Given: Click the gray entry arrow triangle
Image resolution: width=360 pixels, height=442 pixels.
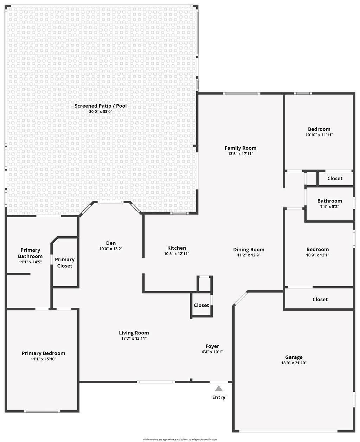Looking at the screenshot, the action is pos(218,389).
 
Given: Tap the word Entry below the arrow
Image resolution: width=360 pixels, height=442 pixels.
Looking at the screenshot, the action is pos(219,397).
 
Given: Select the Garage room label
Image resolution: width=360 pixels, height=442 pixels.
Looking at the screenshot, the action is pos(294,357).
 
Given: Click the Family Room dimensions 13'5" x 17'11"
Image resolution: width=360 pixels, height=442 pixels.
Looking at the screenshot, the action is pos(240,154).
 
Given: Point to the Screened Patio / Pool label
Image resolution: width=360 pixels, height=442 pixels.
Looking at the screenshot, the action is pos(101,106).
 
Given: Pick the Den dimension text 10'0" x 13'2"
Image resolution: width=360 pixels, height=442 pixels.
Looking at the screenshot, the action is pos(111,249).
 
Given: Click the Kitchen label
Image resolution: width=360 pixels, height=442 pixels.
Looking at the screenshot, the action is pos(176,248).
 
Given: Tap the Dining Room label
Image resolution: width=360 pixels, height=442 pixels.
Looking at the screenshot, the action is pos(249,250).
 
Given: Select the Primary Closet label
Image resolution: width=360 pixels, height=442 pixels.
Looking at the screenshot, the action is pos(65,263).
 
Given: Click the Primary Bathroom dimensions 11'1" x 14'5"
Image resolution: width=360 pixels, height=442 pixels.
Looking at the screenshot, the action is pos(30,262).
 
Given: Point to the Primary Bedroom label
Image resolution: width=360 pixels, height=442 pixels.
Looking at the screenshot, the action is pos(43,353).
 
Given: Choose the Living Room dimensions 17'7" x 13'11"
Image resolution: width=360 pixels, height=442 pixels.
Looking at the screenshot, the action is pos(134,339).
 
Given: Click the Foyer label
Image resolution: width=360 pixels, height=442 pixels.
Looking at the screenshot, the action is pos(212,346).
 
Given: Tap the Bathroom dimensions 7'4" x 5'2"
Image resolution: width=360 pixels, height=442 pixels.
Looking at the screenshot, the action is pos(330,207).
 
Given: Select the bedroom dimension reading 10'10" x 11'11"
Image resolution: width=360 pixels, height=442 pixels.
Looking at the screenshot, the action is pos(319,135).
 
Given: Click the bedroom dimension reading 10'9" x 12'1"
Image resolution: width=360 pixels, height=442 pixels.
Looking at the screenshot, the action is pos(318,255).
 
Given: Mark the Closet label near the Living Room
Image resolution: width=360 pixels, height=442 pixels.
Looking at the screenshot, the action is pos(201,305).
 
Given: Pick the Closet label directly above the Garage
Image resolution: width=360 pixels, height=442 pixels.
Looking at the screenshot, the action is pos(320,300).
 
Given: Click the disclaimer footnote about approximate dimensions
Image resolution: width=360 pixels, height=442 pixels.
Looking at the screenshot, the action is pos(180,440).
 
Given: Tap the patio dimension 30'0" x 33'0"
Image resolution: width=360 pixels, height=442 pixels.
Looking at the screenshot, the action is pos(101,111).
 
